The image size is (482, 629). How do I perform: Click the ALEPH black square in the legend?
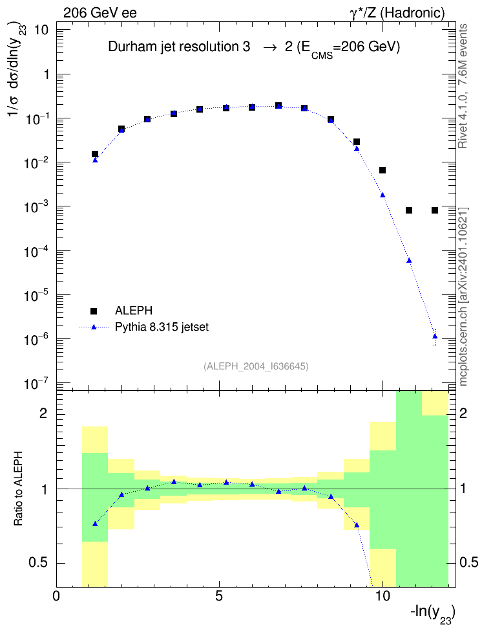click(94, 311)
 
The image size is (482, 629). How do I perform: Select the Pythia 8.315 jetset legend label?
click(162, 327)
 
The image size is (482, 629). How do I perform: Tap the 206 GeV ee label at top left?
click(100, 13)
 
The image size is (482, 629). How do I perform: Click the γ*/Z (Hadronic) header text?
click(397, 13)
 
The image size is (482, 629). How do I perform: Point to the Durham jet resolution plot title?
click(254, 48)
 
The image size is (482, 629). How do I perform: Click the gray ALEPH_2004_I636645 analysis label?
click(256, 366)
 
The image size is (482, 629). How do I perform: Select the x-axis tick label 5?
click(219, 596)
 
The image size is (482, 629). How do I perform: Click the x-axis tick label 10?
click(382, 596)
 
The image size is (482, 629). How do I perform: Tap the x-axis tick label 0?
click(56, 596)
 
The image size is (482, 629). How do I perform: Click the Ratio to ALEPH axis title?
click(19, 489)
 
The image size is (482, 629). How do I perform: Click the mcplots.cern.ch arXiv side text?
click(463, 297)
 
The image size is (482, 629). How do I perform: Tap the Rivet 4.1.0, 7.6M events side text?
click(463, 86)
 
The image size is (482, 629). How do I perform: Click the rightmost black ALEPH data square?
click(435, 210)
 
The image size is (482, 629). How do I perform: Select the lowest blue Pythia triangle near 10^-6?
click(435, 336)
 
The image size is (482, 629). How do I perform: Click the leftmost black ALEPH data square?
click(95, 154)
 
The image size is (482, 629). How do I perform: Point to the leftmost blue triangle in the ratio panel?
click(95, 524)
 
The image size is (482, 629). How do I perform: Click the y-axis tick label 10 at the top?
click(41, 30)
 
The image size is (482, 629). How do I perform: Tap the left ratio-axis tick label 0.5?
click(38, 563)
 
